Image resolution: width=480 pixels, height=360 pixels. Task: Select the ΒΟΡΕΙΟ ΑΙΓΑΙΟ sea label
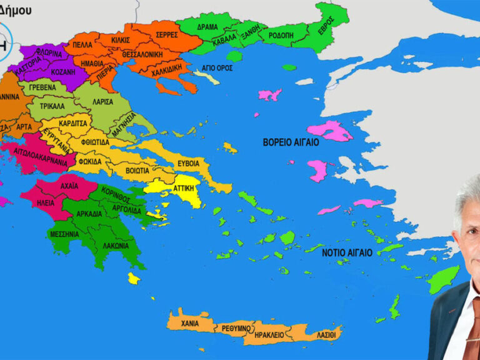pyautogui.click(x=291, y=142)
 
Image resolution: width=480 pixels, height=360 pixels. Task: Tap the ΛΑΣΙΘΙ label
pyautogui.click(x=325, y=334)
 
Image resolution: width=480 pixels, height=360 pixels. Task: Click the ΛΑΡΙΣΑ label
pyautogui.click(x=102, y=101)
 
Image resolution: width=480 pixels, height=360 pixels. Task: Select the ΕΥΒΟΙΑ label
pyautogui.click(x=188, y=162)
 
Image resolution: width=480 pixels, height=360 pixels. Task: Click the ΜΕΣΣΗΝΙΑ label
pyautogui.click(x=64, y=234)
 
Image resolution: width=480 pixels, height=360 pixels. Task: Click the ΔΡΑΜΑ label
pyautogui.click(x=207, y=27)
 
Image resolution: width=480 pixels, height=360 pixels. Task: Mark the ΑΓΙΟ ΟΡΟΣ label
pyautogui.click(x=214, y=67)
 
